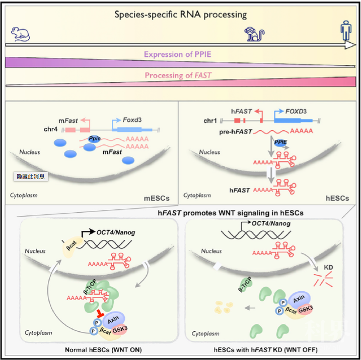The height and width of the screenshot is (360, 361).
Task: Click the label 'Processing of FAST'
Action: coord(178,75)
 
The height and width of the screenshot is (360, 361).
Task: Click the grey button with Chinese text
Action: coord(30,176)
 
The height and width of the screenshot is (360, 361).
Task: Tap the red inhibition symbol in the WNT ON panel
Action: coord(101,314)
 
